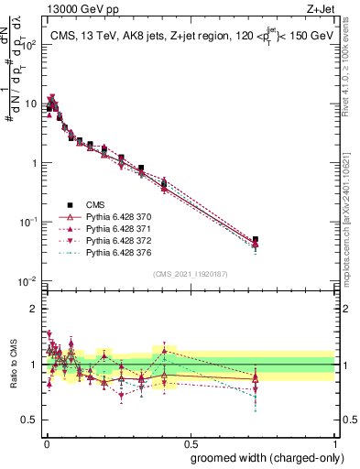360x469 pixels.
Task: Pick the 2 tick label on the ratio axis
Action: point(34,309)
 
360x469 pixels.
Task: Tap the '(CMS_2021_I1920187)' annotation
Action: point(190,273)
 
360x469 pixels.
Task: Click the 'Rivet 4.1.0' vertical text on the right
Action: point(353,73)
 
